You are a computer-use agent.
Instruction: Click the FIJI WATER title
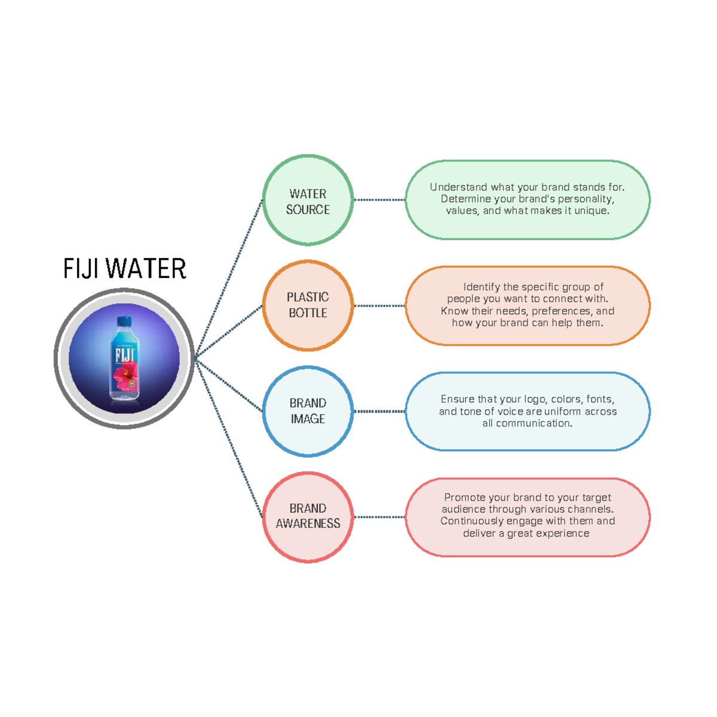(125, 269)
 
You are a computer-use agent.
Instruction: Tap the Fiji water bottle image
(124, 358)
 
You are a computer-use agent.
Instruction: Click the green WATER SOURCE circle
(308, 201)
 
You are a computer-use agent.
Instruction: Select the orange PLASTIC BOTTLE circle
(308, 305)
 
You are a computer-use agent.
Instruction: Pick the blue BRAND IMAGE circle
(308, 411)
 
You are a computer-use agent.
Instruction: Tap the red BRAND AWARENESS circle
(308, 517)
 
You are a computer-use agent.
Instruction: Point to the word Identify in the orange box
(482, 287)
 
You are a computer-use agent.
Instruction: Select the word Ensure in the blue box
(457, 399)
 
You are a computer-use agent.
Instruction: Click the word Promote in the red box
(465, 498)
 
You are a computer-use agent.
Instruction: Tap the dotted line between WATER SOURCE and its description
(379, 200)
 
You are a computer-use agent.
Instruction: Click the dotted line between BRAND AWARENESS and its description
(379, 517)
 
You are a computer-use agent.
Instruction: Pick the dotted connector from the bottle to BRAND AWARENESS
(230, 439)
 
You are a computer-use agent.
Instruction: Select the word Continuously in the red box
(473, 521)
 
